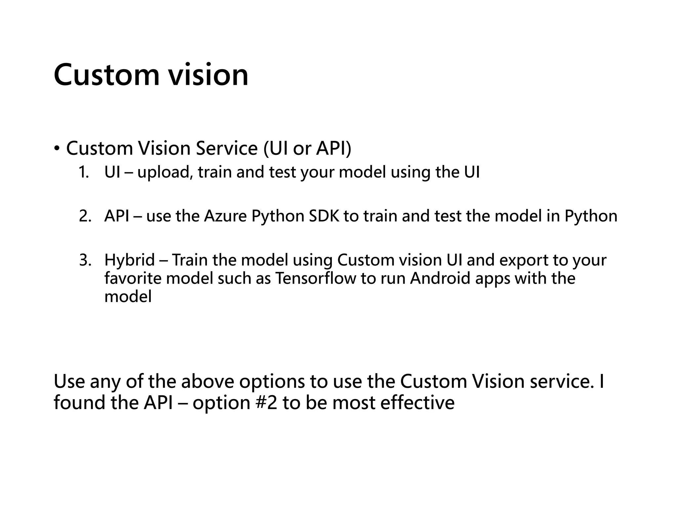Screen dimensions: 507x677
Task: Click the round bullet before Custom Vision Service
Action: click(x=57, y=148)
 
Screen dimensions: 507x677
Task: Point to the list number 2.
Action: click(x=85, y=216)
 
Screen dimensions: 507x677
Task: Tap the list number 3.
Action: click(x=85, y=260)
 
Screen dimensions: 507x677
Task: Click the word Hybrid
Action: click(x=130, y=260)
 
